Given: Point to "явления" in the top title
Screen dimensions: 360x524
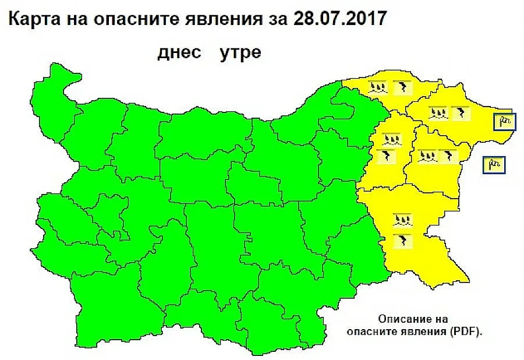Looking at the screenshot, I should pyautogui.click(x=220, y=19).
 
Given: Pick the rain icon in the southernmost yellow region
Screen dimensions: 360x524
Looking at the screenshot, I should pyautogui.click(x=402, y=220).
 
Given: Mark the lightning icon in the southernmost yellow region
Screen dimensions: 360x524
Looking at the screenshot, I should pyautogui.click(x=401, y=240).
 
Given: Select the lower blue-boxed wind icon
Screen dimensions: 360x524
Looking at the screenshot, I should pyautogui.click(x=495, y=165).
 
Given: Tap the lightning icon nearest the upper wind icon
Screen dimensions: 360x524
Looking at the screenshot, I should pyautogui.click(x=460, y=113).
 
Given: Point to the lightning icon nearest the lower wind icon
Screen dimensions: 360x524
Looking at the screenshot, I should pyautogui.click(x=449, y=156).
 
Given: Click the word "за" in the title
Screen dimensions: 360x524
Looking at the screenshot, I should pyautogui.click(x=277, y=19).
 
